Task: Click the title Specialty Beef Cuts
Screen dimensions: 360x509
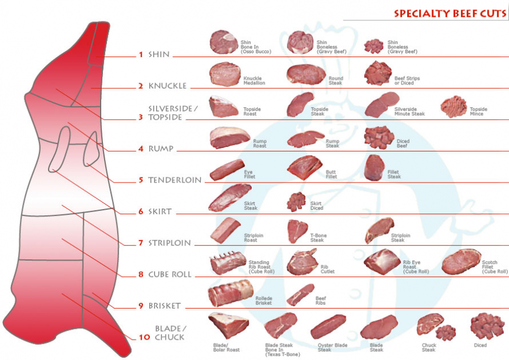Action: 450,13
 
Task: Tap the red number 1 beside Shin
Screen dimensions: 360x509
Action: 141,55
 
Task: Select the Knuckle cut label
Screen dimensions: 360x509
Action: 167,86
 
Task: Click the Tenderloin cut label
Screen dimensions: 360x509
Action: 175,180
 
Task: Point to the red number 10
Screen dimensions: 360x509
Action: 144,337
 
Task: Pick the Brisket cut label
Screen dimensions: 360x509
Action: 164,306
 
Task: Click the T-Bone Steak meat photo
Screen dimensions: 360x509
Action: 297,231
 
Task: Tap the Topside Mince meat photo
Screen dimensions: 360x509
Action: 454,106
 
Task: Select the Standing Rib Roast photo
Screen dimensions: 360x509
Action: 227,263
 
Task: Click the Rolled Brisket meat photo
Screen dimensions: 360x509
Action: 230,293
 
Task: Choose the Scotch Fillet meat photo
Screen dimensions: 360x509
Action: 460,262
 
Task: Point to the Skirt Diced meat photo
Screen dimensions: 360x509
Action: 296,202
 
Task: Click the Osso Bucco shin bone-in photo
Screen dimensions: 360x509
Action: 224,42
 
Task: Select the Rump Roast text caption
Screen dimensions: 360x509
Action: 260,144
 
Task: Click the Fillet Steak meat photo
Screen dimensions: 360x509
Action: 374,168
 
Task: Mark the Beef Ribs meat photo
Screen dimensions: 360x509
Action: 300,294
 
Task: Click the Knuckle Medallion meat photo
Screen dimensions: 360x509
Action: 225,74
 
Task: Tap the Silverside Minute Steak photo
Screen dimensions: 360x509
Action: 382,105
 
